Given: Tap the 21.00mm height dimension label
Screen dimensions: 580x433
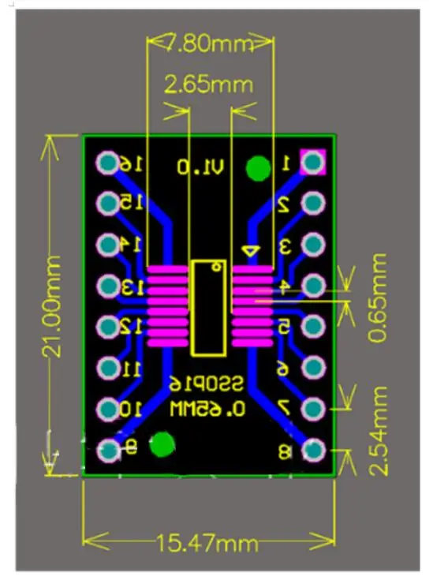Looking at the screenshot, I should pos(54,306).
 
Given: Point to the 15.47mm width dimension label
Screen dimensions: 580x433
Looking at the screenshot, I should pos(208,543).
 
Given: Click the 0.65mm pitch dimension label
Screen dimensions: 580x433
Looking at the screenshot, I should pos(379,297).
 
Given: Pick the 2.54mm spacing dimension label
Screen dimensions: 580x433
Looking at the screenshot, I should pos(379,430).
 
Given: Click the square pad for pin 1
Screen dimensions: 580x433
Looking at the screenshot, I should pos(314,163).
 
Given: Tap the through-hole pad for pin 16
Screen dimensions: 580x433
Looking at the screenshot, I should pos(106,163).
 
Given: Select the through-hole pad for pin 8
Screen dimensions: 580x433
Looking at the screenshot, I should pos(314,450).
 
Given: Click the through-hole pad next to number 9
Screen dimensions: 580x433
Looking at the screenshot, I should pos(106,451).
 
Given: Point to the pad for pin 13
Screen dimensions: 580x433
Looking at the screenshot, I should pos(106,286).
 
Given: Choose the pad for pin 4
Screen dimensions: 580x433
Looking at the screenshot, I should pos(314,286).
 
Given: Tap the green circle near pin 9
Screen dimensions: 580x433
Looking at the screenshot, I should pos(163,444).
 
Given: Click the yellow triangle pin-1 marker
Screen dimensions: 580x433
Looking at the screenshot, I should pos(250,252).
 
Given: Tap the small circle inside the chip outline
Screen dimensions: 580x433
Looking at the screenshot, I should pos(215,268).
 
